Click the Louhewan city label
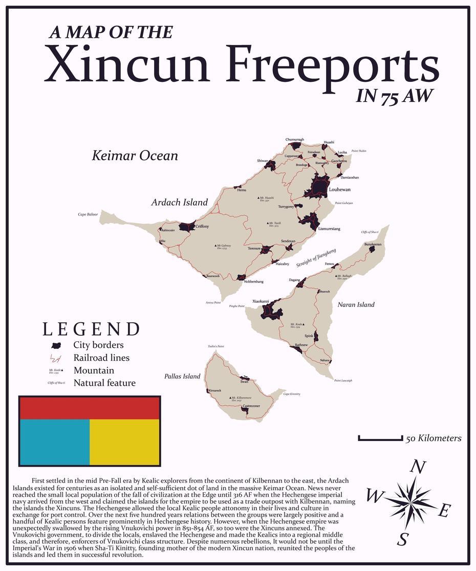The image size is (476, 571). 340,190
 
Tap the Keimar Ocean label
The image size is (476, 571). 135,156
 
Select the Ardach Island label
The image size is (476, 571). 179,202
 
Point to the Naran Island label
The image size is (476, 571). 356,304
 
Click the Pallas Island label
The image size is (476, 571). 182,376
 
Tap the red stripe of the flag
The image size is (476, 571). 90,408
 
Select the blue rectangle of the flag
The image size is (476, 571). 54,442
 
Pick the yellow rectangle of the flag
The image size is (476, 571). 124,442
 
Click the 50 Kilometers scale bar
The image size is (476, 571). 380,438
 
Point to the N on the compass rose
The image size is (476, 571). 419,467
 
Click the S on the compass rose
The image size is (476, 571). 403,539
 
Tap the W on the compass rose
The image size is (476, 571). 375,496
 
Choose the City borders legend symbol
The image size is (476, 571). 56,345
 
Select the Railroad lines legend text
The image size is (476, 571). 101,358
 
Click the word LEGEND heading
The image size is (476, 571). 91,330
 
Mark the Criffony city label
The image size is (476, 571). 202,226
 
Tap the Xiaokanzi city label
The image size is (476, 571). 261,301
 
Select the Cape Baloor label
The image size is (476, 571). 88,214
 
